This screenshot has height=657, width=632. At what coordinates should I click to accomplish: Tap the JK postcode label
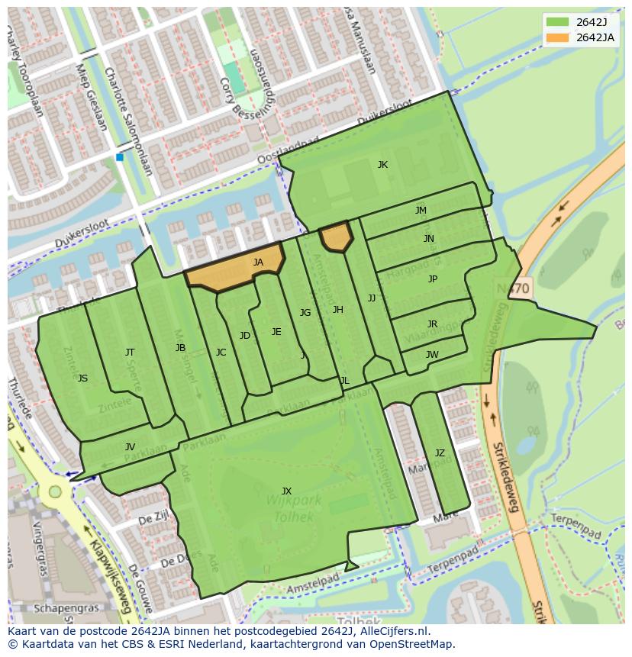pos(382,165)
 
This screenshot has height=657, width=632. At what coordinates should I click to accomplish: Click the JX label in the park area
pos(286,491)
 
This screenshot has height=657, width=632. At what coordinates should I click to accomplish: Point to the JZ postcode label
pos(440,453)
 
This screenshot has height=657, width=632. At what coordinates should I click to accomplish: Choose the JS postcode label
pos(82,378)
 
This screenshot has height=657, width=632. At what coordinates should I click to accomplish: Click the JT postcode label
pos(130,353)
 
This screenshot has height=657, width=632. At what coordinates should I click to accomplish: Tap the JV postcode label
pos(130,447)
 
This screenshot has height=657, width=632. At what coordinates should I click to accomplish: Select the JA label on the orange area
pos(258,262)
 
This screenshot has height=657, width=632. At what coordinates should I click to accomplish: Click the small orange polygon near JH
pos(335,237)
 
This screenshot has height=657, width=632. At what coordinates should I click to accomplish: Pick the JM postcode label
pos(421,211)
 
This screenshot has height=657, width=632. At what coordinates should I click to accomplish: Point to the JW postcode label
pos(432,354)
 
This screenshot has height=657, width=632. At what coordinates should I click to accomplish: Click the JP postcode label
pos(433,279)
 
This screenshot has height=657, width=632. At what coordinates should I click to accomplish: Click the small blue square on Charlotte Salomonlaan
pos(120,157)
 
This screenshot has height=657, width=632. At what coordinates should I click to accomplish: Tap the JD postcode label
pos(244,336)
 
